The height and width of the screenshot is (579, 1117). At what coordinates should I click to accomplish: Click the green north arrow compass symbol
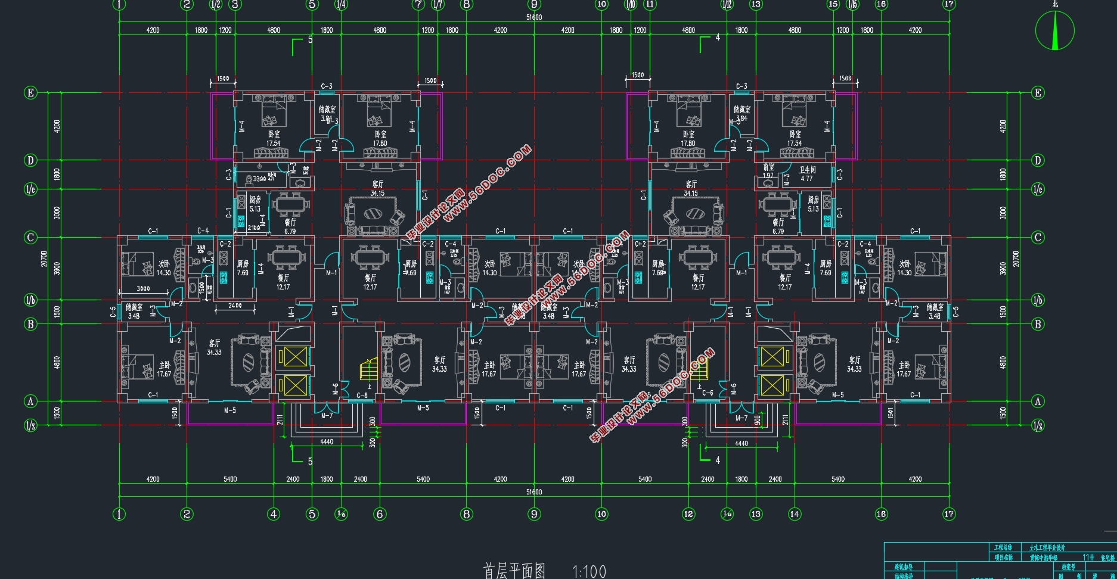(x=1054, y=30)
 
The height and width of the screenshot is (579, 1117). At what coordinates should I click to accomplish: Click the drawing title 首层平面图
(x=514, y=571)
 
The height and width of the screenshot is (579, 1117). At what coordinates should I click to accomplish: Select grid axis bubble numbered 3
(x=235, y=4)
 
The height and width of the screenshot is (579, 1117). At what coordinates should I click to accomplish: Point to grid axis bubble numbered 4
(x=274, y=514)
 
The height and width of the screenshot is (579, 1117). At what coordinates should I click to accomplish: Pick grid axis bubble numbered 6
(x=380, y=514)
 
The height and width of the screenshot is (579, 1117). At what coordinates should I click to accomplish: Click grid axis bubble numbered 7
(x=418, y=4)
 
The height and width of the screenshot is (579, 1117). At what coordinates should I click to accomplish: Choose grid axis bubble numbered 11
(x=650, y=4)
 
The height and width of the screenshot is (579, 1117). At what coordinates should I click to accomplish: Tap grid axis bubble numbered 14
(x=795, y=514)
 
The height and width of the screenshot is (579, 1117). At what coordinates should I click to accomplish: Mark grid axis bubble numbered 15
(x=833, y=4)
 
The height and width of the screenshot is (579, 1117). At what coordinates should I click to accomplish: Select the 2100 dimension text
(x=253, y=228)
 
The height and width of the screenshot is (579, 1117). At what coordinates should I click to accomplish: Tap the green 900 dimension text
(x=758, y=420)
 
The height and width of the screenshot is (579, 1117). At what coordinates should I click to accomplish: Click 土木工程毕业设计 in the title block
(x=1047, y=547)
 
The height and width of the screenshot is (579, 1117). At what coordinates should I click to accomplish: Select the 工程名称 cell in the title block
(x=1003, y=547)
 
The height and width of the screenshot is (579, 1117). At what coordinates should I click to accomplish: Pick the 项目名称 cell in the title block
(x=1003, y=558)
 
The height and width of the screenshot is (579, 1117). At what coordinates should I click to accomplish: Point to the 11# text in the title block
(x=1088, y=558)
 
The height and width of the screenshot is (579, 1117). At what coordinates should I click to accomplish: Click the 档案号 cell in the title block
(x=1068, y=567)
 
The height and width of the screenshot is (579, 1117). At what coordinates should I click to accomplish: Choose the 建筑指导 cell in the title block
(x=903, y=567)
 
